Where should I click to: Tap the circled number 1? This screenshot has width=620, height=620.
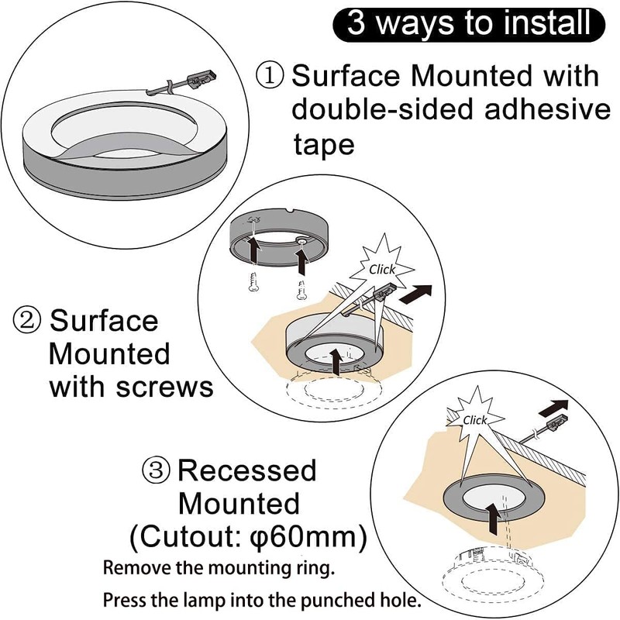pyautogui.click(x=271, y=76)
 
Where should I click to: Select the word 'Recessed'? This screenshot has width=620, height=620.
pyautogui.click(x=247, y=470)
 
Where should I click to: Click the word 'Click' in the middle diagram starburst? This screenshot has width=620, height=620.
pyautogui.click(x=382, y=270)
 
